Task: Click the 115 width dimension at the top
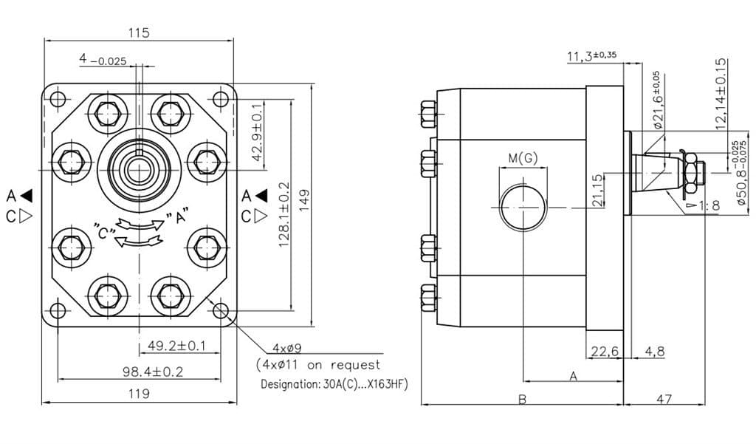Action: click(139, 33)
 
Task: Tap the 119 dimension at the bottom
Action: click(139, 394)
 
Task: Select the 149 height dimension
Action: click(303, 199)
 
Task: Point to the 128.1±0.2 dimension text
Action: click(284, 215)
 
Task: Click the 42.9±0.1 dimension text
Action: click(258, 132)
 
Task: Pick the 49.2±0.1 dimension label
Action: click(176, 346)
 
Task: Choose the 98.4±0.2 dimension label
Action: click(153, 372)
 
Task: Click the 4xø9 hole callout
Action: click(287, 348)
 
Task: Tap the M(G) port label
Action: click(523, 158)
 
